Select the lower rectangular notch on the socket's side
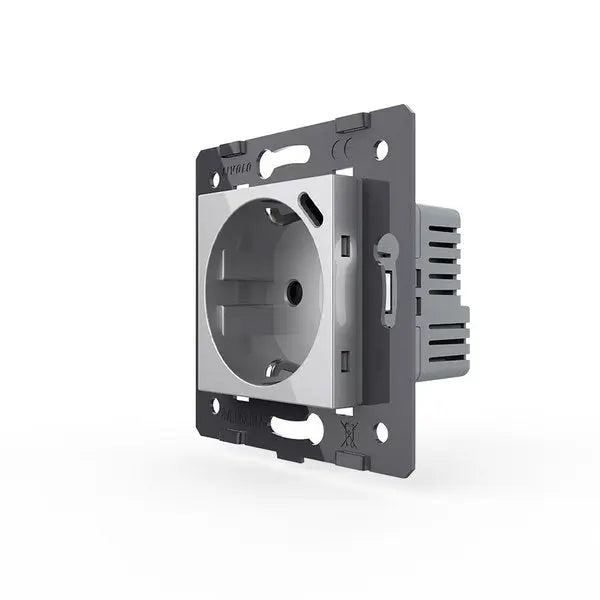346,360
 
